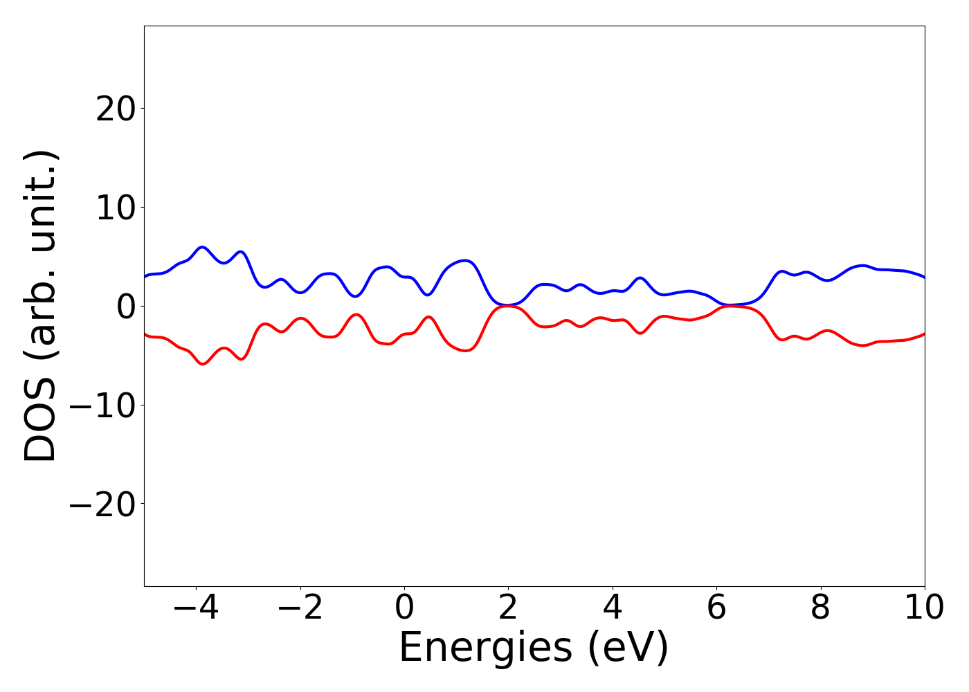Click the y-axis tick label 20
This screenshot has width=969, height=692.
pyautogui.click(x=115, y=109)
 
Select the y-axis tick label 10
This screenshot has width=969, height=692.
pyautogui.click(x=115, y=208)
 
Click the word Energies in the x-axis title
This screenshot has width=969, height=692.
pyautogui.click(x=485, y=648)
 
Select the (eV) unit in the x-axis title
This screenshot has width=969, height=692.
pyautogui.click(x=628, y=648)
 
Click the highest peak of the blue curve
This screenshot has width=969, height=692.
pyautogui.click(x=202, y=247)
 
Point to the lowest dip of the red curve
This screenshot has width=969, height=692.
pyautogui.click(x=203, y=364)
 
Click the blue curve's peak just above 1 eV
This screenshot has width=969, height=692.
pyautogui.click(x=465, y=261)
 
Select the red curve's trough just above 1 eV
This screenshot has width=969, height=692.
pyautogui.click(x=465, y=351)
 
